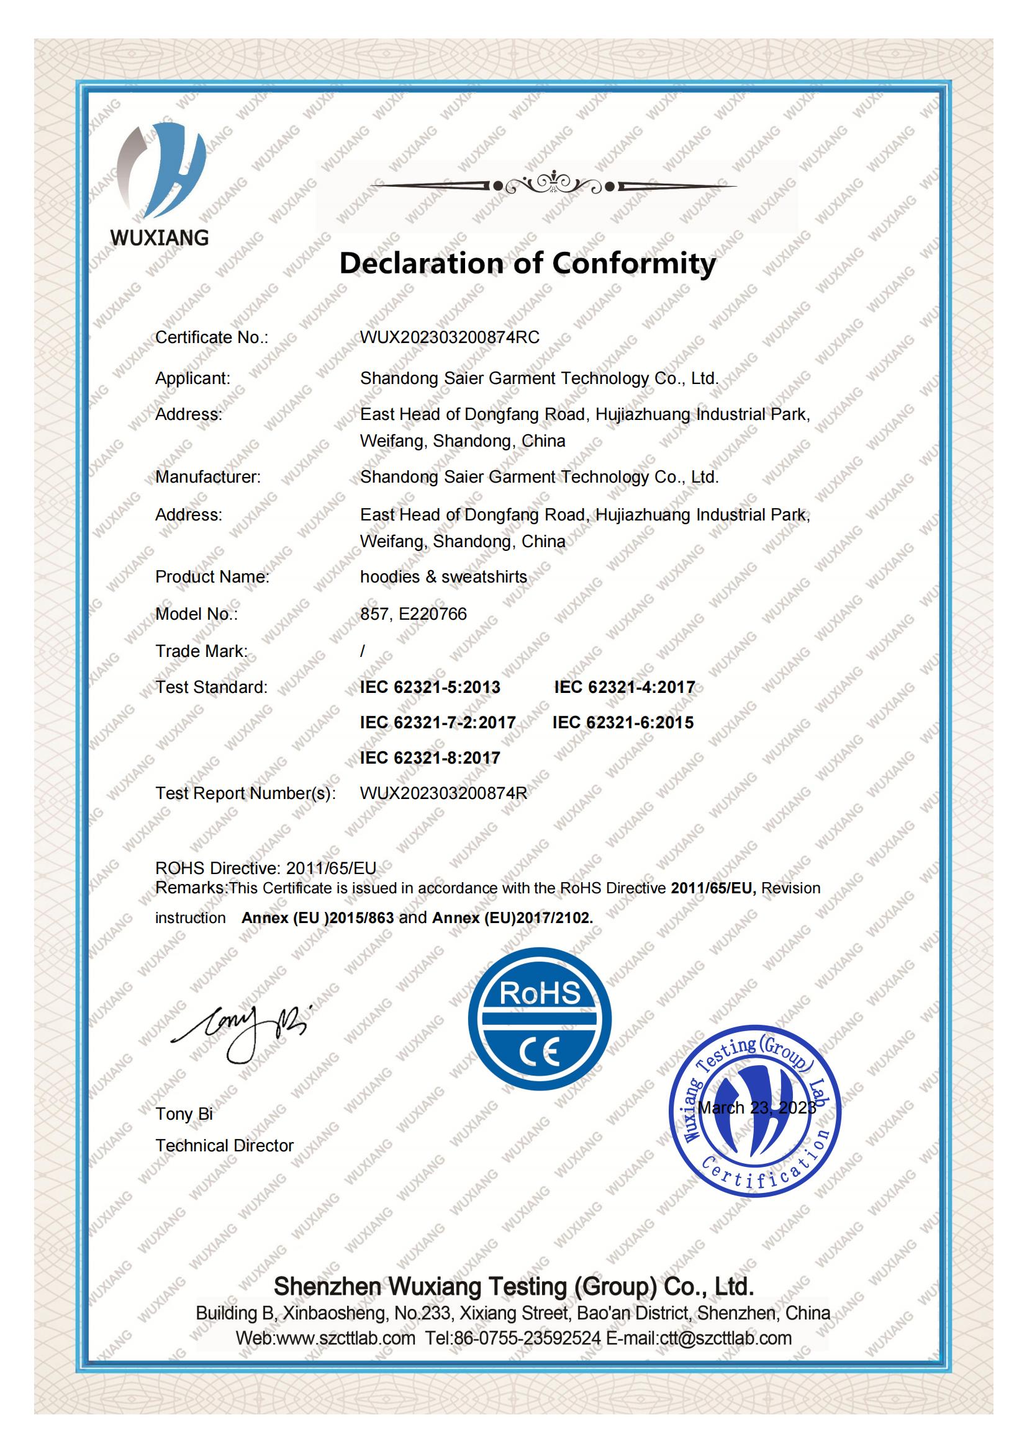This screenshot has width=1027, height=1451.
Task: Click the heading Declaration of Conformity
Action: click(527, 263)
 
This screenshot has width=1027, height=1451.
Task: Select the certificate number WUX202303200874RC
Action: click(450, 337)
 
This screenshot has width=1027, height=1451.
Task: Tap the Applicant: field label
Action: click(193, 378)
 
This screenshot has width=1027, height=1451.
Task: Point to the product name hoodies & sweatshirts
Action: click(443, 577)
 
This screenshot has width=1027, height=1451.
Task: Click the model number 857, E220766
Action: click(413, 614)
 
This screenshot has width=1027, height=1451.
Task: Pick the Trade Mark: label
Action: click(201, 651)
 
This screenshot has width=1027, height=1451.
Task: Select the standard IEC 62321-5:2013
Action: click(430, 687)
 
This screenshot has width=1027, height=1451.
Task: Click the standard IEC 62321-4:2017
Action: click(624, 687)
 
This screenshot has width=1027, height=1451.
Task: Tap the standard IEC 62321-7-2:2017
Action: click(438, 722)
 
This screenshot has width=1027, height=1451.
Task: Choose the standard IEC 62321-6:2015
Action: click(623, 722)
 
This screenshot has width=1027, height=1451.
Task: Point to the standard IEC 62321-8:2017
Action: click(430, 757)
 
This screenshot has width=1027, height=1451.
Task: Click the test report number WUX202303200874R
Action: click(443, 793)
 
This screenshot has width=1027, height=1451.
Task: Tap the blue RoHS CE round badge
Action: click(540, 1019)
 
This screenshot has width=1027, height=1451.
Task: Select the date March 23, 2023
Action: click(756, 1107)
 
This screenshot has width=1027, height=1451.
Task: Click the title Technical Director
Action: click(225, 1146)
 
